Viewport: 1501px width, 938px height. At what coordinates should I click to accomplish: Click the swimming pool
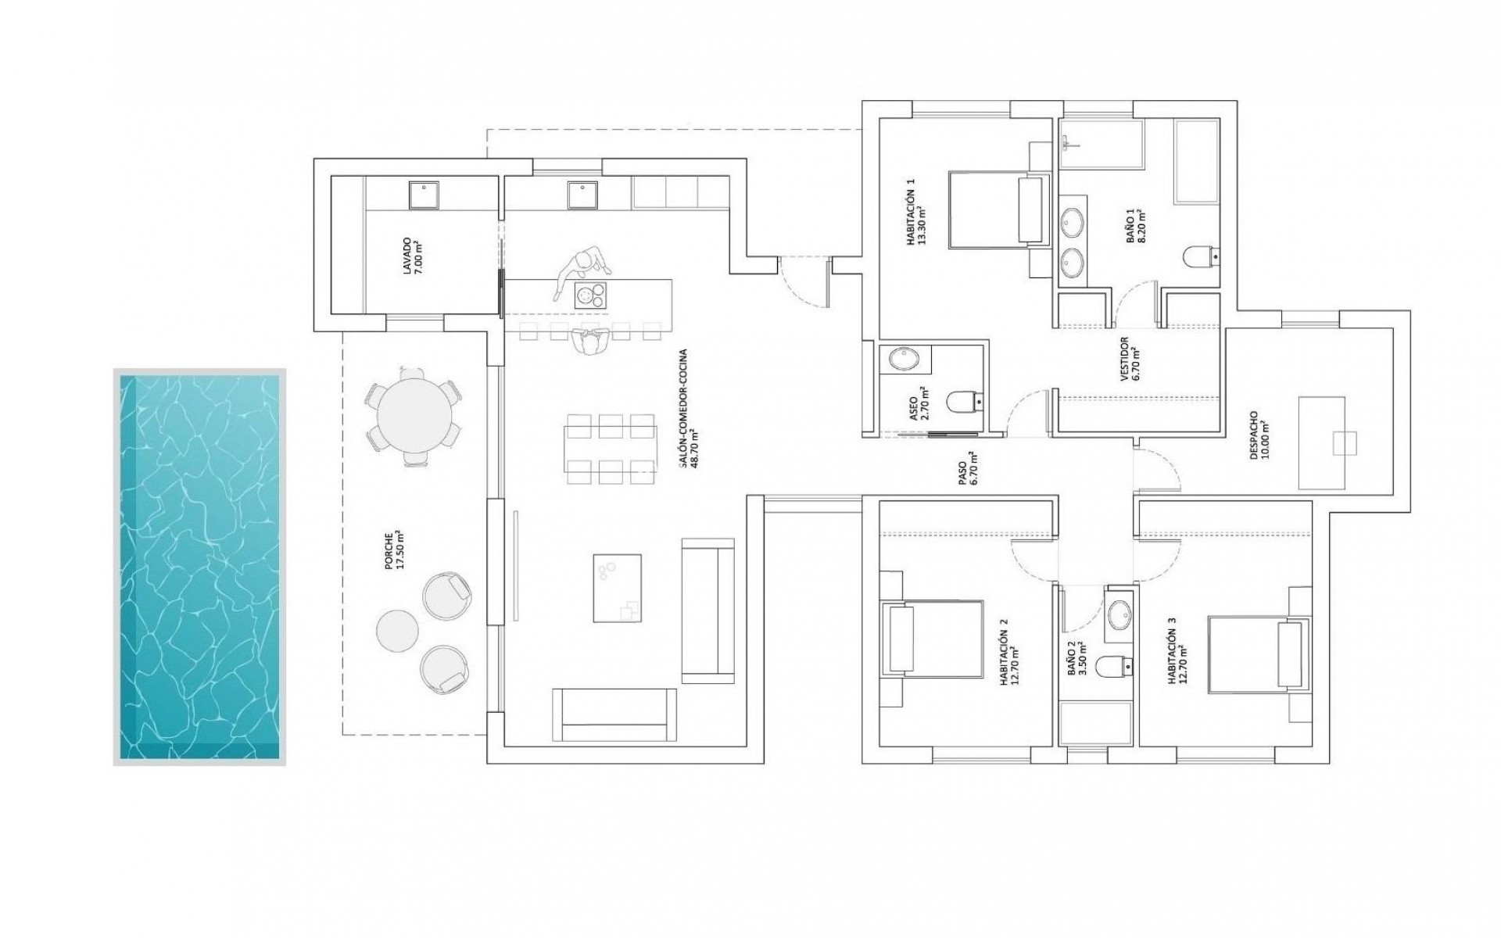pos(199,567)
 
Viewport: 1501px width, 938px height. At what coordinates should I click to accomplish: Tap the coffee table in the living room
pos(616,587)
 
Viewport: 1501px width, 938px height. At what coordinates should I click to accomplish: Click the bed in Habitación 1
pos(997,209)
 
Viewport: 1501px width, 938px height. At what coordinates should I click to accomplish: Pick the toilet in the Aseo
pos(962,402)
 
